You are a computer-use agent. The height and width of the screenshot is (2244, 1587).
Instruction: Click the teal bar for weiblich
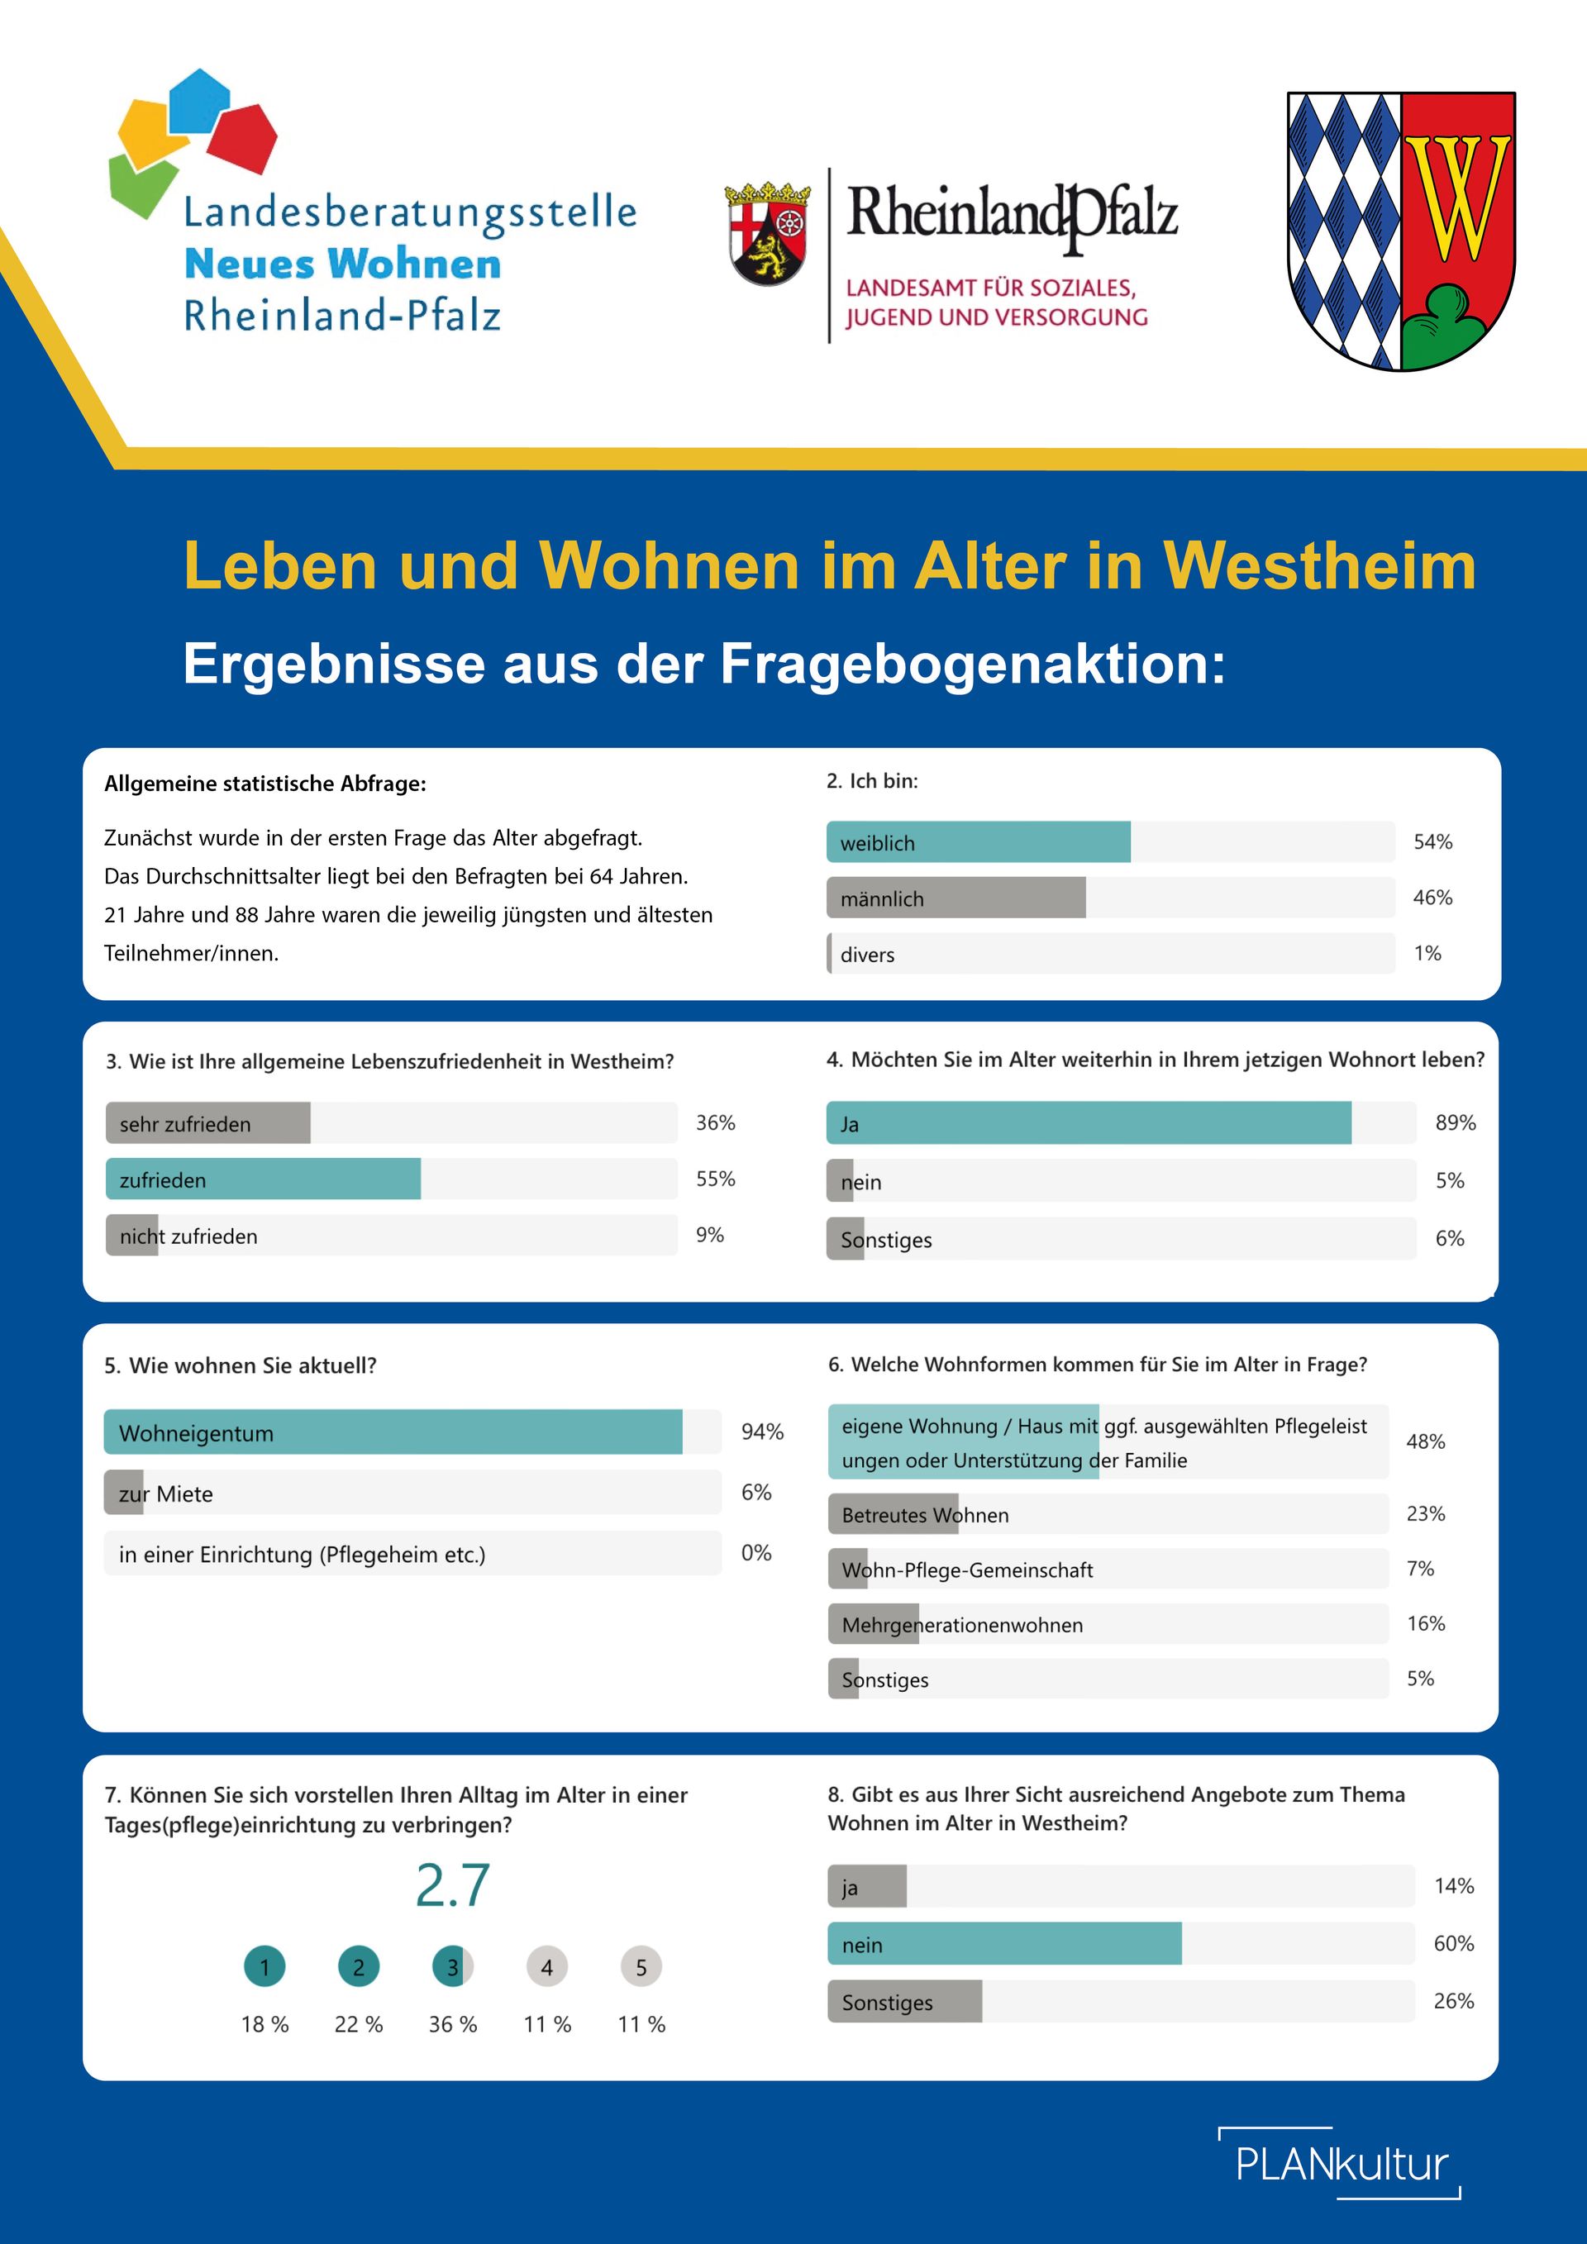point(977,841)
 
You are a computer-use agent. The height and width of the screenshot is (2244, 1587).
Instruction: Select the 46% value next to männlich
point(1432,898)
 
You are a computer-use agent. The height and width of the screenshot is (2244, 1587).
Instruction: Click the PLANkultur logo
point(1341,2164)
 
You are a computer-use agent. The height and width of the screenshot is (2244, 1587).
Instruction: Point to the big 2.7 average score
point(451,1885)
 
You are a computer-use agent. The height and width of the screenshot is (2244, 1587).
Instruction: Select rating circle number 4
point(546,1966)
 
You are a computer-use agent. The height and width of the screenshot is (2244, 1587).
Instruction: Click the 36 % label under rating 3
point(452,2024)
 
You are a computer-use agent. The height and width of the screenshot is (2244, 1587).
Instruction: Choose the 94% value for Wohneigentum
point(762,1432)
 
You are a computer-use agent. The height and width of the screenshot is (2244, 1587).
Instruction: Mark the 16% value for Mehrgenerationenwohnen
point(1426,1623)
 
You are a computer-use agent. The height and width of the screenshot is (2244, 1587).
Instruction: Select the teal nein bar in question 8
point(1003,1944)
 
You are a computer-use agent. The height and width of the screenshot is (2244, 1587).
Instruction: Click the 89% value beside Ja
point(1455,1123)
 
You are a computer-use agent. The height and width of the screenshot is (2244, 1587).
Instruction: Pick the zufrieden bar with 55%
point(263,1179)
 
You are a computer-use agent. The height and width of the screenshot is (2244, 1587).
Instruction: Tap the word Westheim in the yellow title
point(1318,566)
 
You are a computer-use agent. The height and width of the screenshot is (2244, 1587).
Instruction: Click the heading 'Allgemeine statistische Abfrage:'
point(264,784)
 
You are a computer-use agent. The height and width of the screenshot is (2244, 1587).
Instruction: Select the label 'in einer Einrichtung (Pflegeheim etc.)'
point(302,1554)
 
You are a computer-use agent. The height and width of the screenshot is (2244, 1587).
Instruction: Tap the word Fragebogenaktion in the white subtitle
point(972,665)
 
